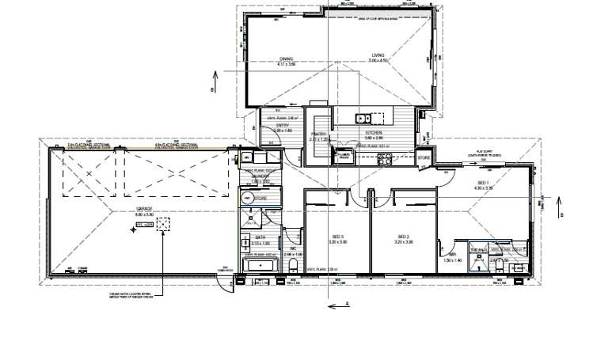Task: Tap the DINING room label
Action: [286, 58]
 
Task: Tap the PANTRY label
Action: [320, 135]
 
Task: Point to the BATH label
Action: [260, 237]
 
